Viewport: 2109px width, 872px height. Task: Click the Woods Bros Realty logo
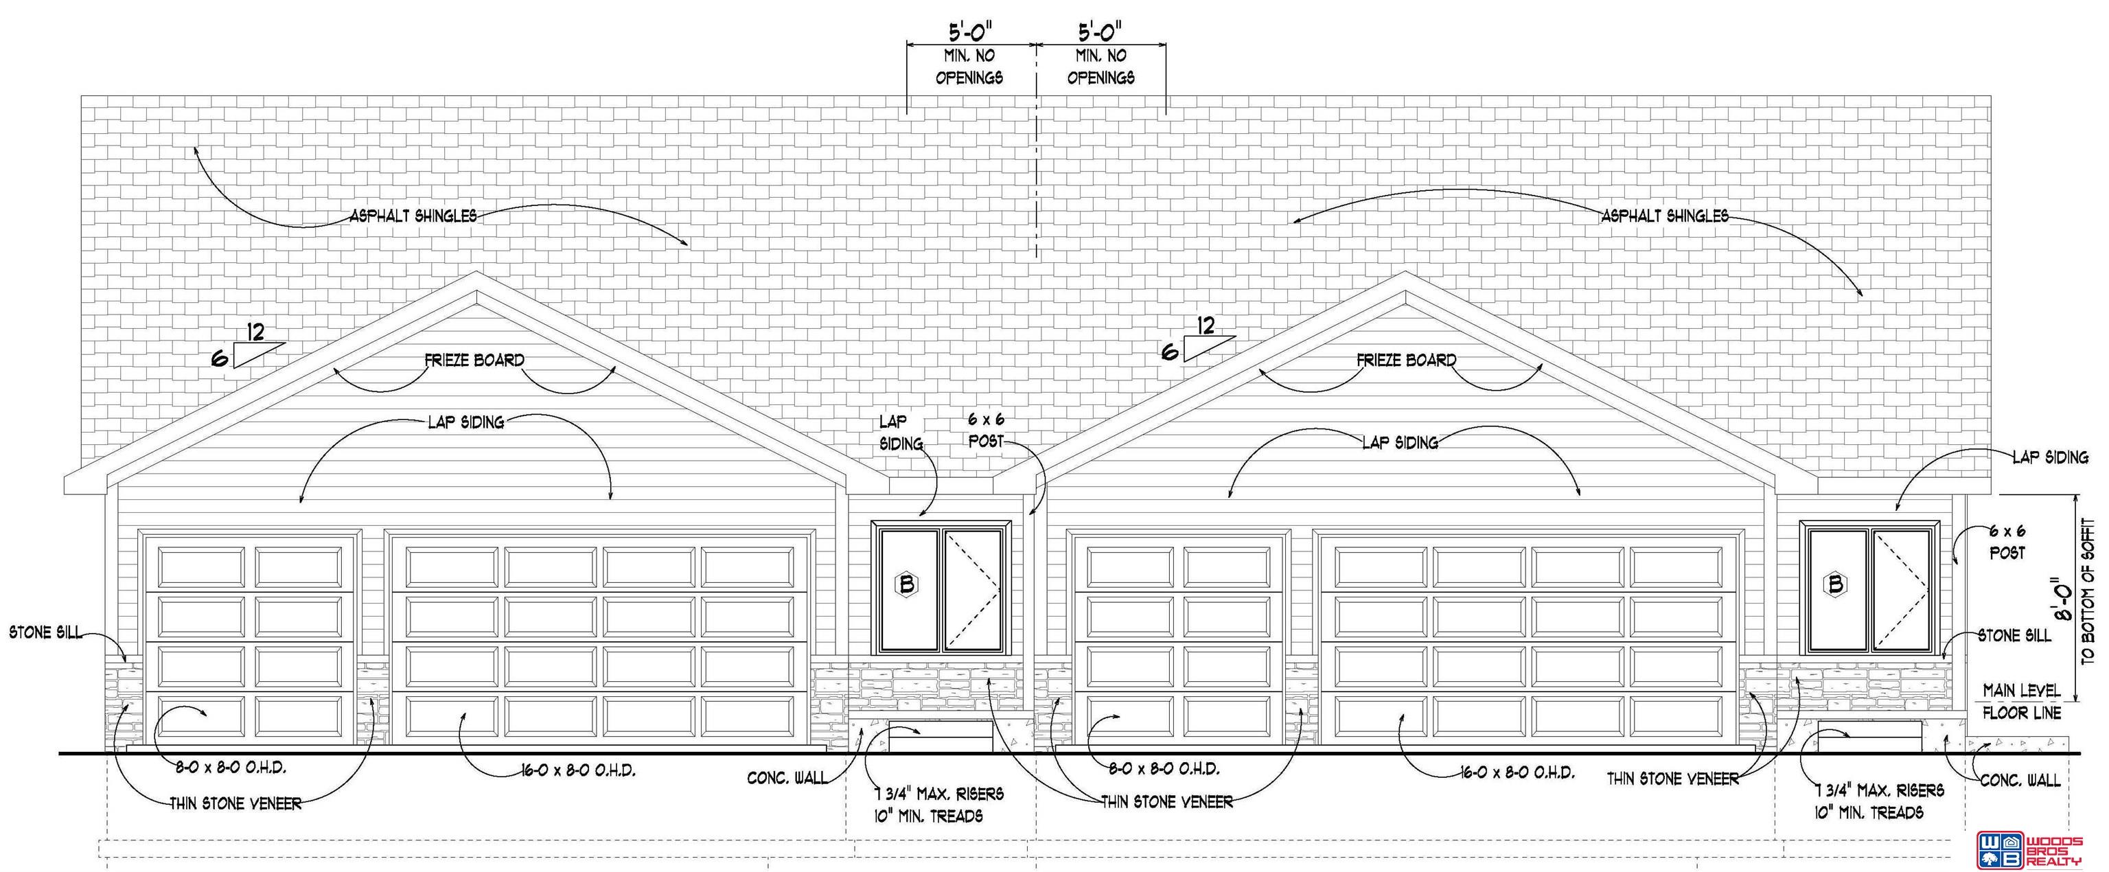tap(2028, 849)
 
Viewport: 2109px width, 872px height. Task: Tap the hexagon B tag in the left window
tap(906, 584)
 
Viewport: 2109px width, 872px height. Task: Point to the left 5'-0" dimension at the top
tap(970, 33)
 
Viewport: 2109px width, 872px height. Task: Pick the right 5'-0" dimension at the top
tap(1100, 33)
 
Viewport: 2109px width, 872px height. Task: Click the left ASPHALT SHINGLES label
tap(413, 216)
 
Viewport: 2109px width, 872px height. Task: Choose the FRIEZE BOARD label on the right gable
tap(1406, 360)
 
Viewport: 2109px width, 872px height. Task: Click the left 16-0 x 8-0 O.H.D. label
tap(578, 770)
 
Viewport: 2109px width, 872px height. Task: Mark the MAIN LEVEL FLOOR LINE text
tap(2021, 702)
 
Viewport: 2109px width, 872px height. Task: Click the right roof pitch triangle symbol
tap(1208, 348)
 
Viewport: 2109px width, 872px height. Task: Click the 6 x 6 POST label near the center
tap(986, 430)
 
